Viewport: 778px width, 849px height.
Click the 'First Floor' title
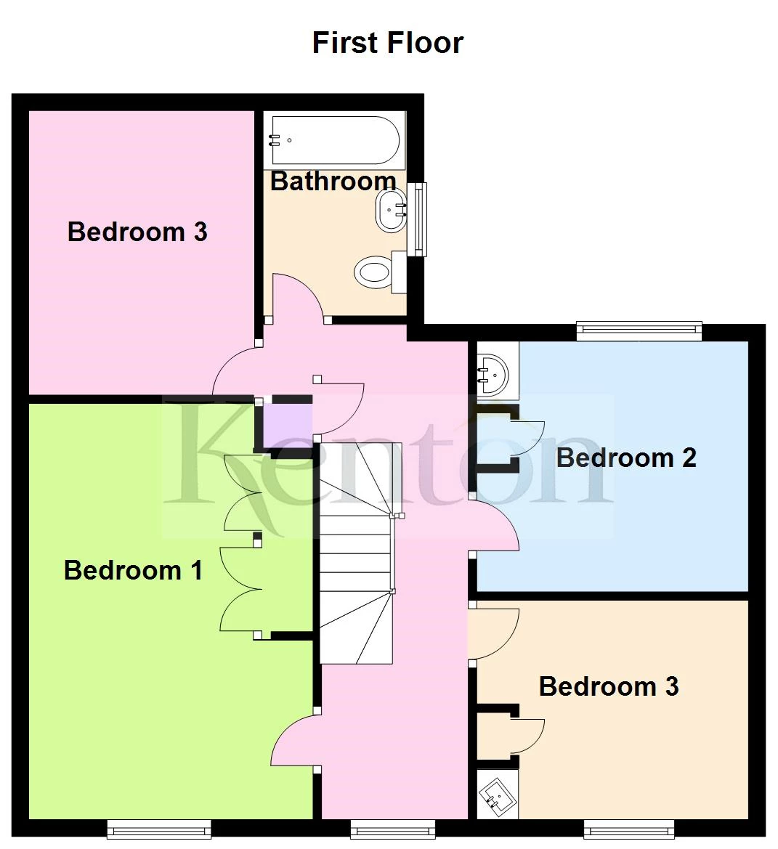(x=387, y=43)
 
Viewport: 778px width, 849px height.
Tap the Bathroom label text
(x=333, y=181)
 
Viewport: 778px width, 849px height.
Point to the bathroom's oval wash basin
(x=391, y=211)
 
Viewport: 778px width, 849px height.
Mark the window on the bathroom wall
(x=416, y=219)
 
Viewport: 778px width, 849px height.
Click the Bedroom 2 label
(x=626, y=458)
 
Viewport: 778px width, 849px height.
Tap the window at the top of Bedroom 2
(x=639, y=331)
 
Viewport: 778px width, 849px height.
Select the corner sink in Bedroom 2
(x=495, y=371)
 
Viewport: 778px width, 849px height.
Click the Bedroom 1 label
(x=133, y=570)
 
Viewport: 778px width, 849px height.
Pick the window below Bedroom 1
(x=159, y=828)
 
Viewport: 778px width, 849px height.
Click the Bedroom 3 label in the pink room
(x=137, y=232)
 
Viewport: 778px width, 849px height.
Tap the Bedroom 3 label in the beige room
(x=609, y=686)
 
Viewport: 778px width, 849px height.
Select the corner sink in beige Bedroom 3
(x=498, y=795)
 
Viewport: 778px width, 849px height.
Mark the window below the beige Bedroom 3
(x=629, y=828)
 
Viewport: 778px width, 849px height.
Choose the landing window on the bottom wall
(x=393, y=828)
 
